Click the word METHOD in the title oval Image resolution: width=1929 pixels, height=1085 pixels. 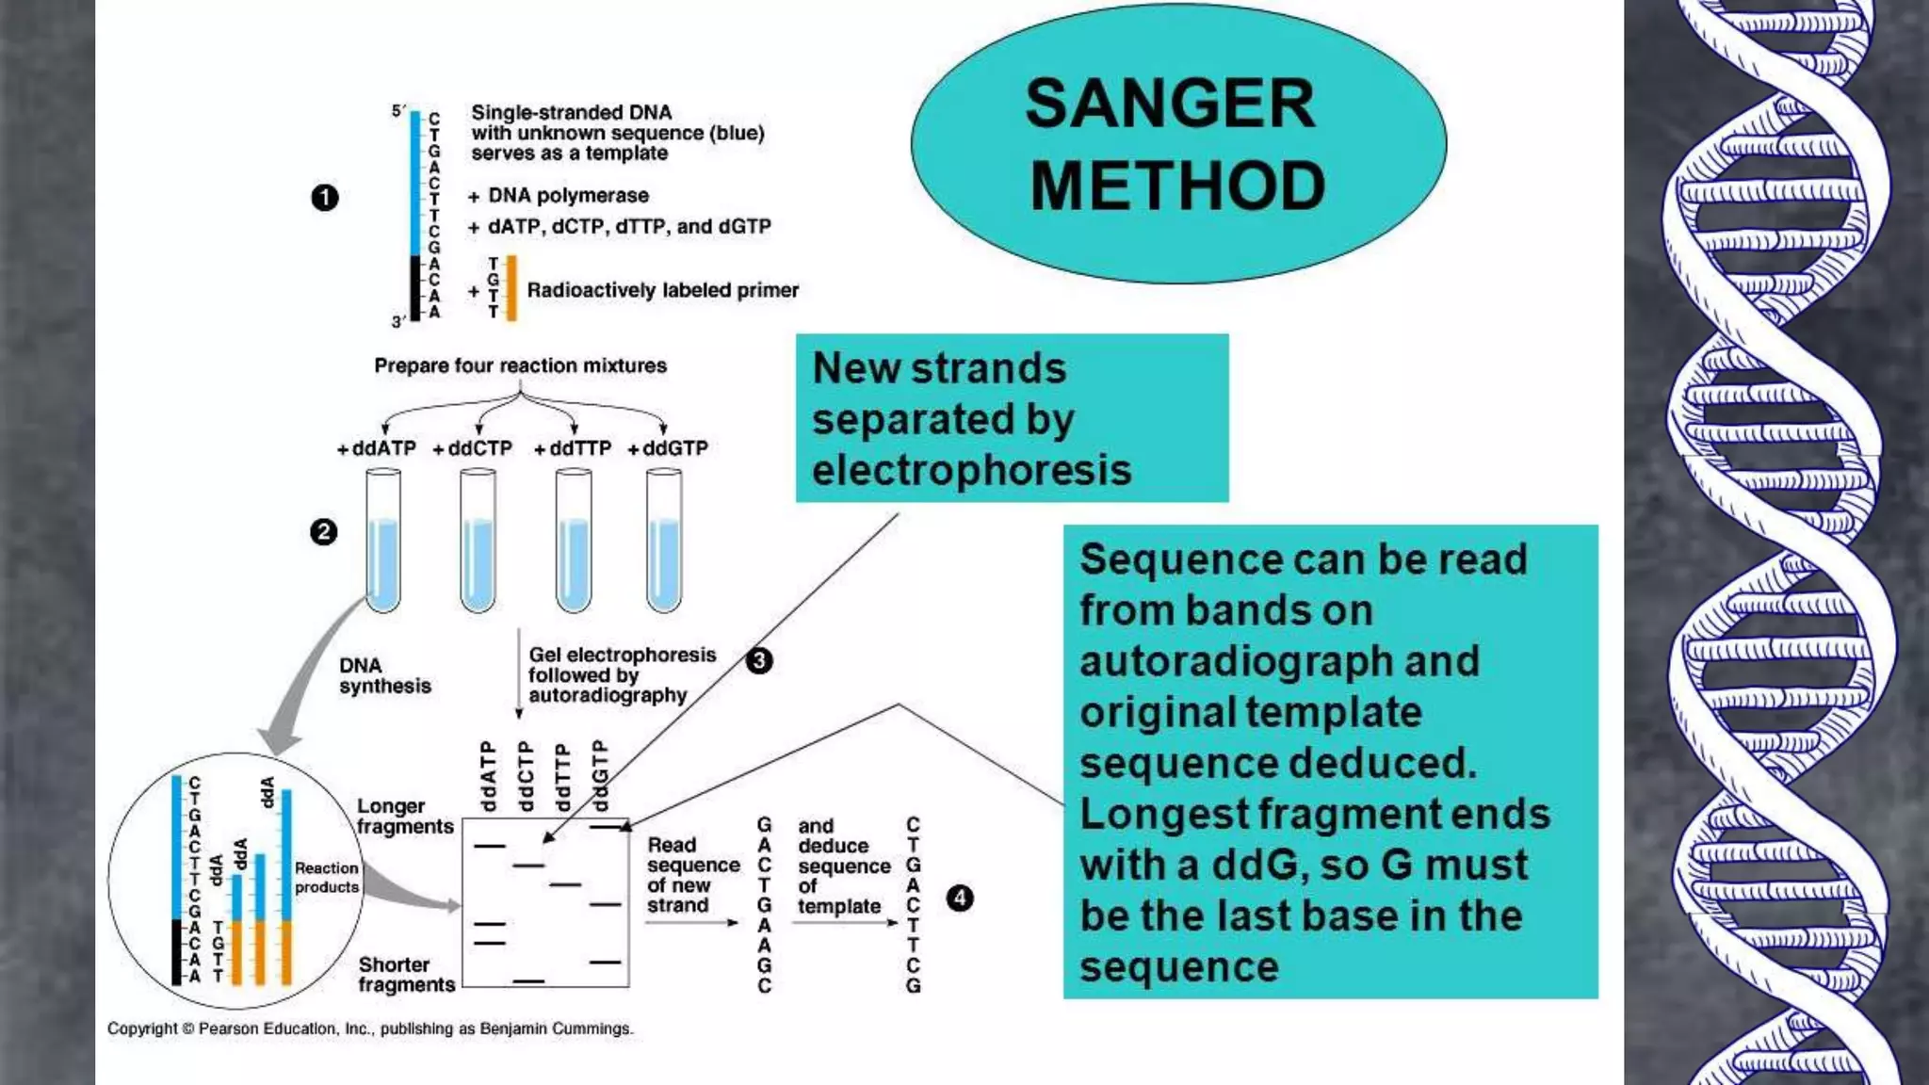click(1177, 186)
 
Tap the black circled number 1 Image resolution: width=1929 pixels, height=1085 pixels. click(325, 198)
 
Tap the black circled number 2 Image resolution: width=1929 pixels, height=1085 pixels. click(323, 532)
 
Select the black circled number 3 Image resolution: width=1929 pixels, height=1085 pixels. click(759, 661)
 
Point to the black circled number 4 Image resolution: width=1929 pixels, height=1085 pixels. click(960, 898)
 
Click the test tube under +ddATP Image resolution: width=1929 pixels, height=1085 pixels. click(383, 542)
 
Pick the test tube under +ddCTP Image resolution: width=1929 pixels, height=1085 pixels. click(478, 542)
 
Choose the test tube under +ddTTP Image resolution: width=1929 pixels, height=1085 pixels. click(574, 542)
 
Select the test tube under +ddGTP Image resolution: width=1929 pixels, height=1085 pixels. click(664, 542)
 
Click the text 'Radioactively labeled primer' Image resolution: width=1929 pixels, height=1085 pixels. click(662, 290)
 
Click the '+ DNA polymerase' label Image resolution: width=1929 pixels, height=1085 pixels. click(559, 196)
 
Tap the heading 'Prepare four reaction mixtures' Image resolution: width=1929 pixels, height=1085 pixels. click(520, 365)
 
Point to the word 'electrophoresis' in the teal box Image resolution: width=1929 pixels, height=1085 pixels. click(971, 470)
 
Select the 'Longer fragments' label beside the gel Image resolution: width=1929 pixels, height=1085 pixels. click(404, 816)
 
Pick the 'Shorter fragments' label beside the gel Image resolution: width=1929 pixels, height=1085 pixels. click(406, 974)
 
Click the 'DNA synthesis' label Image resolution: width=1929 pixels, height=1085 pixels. click(384, 675)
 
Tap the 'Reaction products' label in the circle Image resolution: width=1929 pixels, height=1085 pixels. click(326, 877)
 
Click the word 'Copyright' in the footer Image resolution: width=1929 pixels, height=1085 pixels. click(141, 1028)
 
